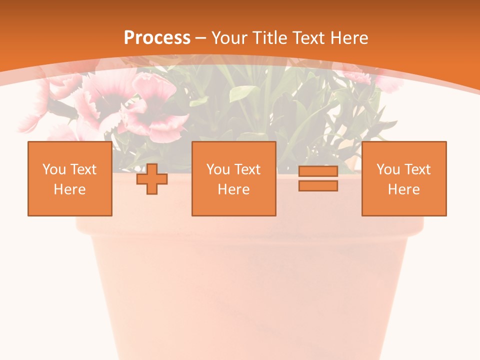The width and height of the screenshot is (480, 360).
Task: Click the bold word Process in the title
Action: click(x=157, y=38)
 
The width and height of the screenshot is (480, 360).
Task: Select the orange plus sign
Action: click(x=152, y=179)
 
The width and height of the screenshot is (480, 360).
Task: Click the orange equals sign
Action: click(x=318, y=178)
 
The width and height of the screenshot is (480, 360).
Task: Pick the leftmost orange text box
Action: click(x=70, y=178)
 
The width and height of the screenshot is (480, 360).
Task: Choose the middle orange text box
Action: click(x=233, y=178)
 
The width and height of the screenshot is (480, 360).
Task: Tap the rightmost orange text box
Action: click(x=403, y=178)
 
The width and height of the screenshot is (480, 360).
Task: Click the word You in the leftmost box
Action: click(x=54, y=169)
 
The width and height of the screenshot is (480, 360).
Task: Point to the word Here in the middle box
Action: click(x=233, y=189)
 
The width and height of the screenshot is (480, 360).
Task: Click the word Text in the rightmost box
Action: click(x=417, y=169)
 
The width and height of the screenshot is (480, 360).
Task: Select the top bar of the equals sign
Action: click(x=318, y=171)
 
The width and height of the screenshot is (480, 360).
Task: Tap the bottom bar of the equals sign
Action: click(x=318, y=185)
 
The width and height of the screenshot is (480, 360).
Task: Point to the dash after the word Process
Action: click(x=200, y=38)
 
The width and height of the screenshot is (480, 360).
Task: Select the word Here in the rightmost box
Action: click(x=403, y=189)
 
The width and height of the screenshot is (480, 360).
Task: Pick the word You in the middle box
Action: click(x=218, y=169)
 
